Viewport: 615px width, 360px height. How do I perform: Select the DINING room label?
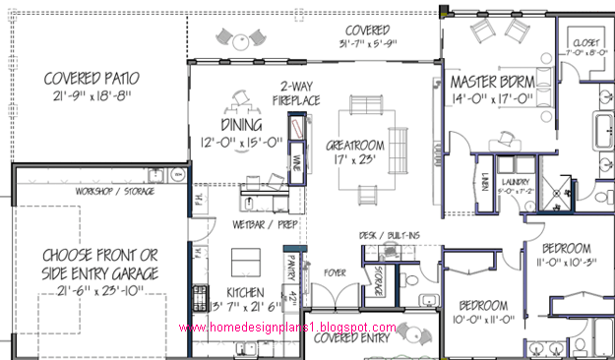click(x=228, y=126)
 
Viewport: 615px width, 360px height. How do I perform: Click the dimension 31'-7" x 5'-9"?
click(x=367, y=43)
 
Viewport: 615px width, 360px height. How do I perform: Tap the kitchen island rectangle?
click(x=244, y=262)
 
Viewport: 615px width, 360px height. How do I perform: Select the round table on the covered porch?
click(x=238, y=40)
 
